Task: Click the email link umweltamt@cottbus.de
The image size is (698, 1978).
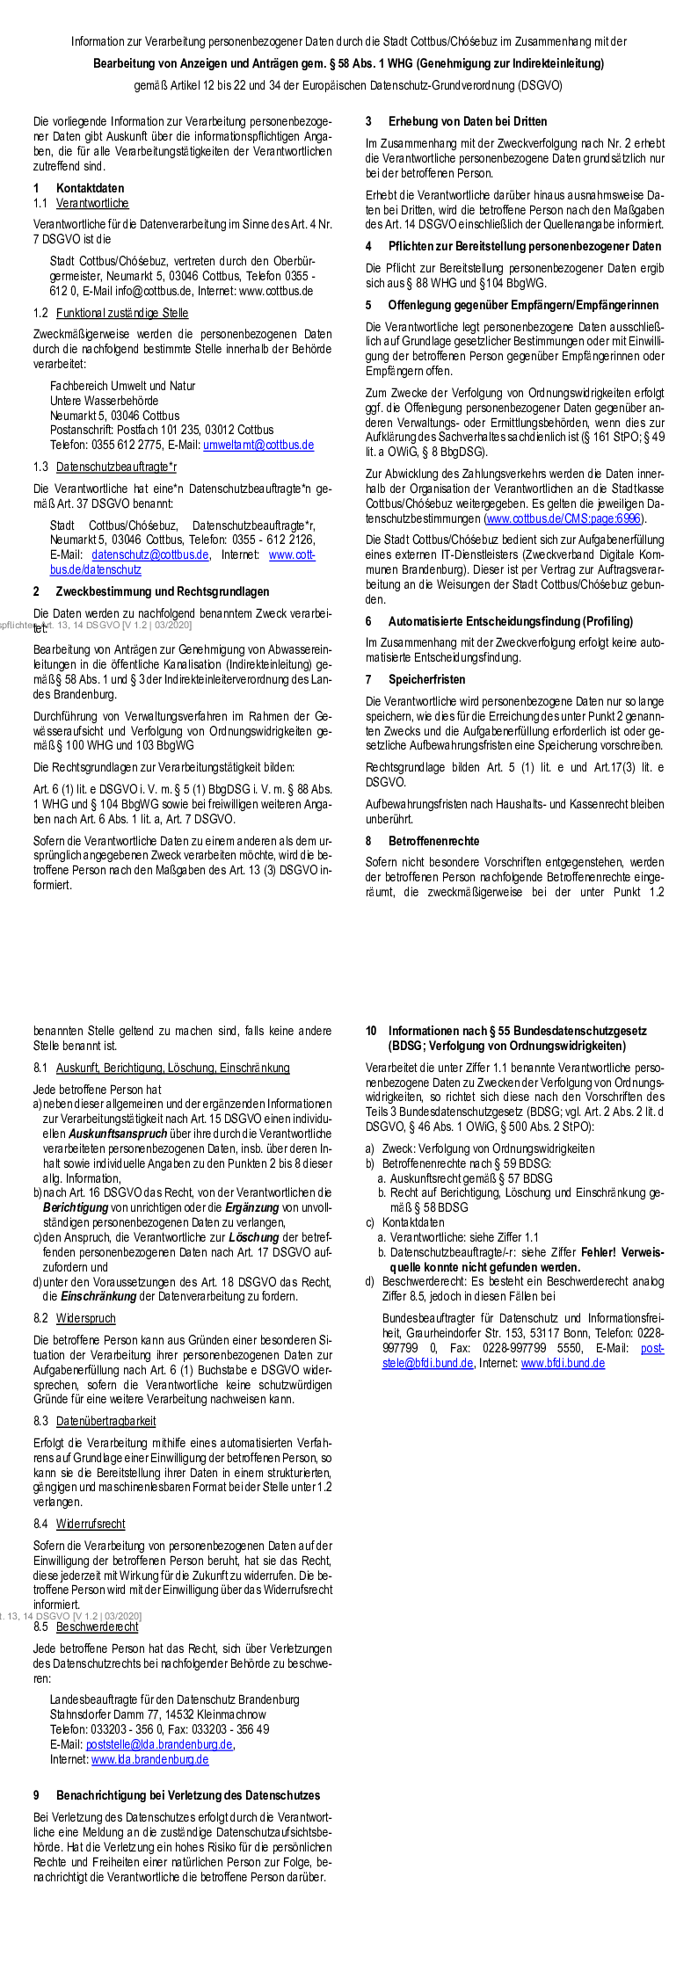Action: click(x=258, y=445)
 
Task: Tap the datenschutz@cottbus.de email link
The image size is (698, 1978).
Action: click(x=150, y=554)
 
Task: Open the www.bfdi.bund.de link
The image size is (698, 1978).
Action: click(x=563, y=1363)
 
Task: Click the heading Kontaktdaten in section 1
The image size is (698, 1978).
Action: click(x=90, y=188)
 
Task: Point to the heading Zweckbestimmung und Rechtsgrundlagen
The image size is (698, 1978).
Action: click(x=163, y=591)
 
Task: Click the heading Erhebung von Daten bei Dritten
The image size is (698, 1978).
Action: click(x=468, y=121)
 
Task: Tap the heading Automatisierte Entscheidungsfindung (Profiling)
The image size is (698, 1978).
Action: click(x=510, y=621)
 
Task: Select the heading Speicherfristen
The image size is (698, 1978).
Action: click(x=426, y=679)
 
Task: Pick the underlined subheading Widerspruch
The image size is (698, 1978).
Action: click(x=85, y=1318)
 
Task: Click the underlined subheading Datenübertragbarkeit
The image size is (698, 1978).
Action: click(x=105, y=1421)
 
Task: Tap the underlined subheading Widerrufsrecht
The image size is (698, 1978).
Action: click(x=91, y=1524)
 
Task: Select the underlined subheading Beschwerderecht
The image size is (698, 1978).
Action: click(x=97, y=1627)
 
